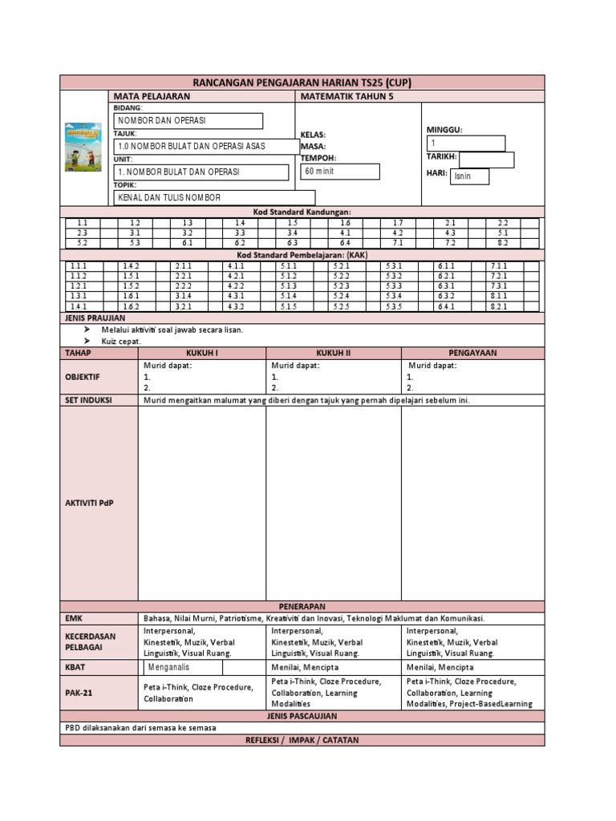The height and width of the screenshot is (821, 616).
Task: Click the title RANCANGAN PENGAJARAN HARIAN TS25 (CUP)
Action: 302,83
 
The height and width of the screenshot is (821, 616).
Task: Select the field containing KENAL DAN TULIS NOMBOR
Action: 214,197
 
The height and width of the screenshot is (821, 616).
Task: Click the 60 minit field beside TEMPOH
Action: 339,172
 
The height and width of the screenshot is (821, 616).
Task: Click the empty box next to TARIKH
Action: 486,160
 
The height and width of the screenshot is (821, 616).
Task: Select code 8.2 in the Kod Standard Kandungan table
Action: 503,241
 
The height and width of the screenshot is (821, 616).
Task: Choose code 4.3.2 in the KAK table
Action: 236,305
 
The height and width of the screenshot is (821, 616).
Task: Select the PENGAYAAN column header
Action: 472,352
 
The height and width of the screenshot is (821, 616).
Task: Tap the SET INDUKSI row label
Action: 88,399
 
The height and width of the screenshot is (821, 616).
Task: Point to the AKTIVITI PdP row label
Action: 90,503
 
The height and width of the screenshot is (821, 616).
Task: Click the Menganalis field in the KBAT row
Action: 204,667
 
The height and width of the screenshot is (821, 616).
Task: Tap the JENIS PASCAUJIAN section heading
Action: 302,715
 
